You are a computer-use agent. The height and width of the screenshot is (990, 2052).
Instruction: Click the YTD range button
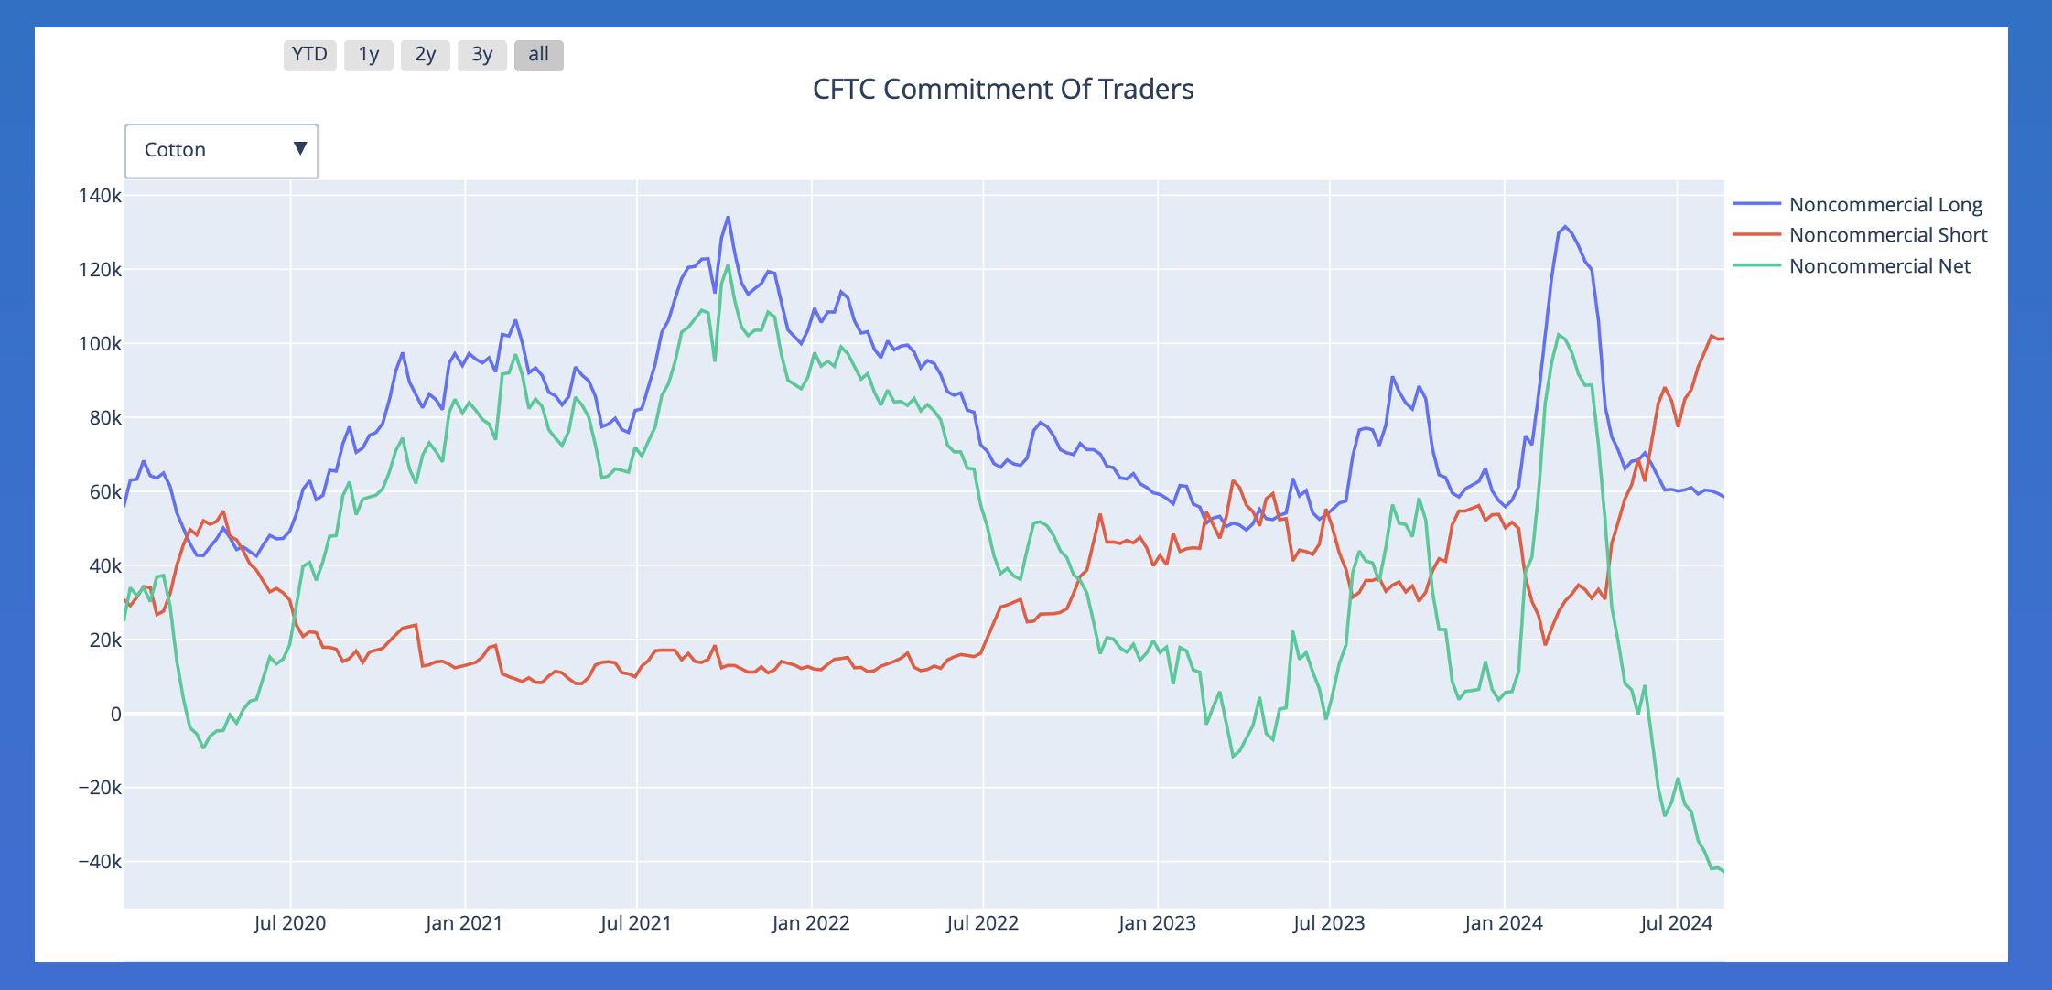coord(309,55)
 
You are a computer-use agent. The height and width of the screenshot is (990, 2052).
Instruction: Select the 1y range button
coord(368,55)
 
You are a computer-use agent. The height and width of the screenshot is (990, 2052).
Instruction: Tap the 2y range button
coord(425,55)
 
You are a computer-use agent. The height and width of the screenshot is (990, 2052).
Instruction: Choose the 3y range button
coord(482,55)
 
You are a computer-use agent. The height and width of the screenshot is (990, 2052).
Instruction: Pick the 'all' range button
coord(538,55)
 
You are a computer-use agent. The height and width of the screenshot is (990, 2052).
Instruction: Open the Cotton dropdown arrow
coord(299,149)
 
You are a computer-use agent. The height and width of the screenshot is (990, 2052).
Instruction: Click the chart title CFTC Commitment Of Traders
coord(1003,89)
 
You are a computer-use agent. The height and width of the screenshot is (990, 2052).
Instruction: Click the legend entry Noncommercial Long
coord(1885,204)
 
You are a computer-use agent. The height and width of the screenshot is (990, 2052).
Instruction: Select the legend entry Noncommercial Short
coord(1887,235)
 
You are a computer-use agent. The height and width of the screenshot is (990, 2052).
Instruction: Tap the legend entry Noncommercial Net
coord(1879,266)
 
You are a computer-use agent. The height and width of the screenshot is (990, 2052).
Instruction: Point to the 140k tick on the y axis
coord(100,196)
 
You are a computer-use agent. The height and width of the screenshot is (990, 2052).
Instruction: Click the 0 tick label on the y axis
coord(115,714)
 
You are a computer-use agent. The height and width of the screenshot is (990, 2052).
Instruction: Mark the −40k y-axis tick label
coord(100,862)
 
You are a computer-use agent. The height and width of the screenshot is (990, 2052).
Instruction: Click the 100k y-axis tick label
coord(100,344)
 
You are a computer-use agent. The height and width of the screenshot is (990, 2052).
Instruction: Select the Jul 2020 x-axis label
coord(289,923)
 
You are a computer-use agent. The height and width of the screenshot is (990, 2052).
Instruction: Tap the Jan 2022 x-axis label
coord(810,923)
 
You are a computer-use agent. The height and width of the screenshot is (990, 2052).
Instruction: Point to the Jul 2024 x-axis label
coord(1676,923)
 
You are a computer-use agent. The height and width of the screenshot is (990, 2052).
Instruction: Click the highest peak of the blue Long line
coord(728,218)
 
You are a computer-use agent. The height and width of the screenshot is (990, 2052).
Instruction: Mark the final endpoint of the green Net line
coord(1723,871)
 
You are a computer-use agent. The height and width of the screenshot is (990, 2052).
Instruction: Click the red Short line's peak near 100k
coord(1712,336)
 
